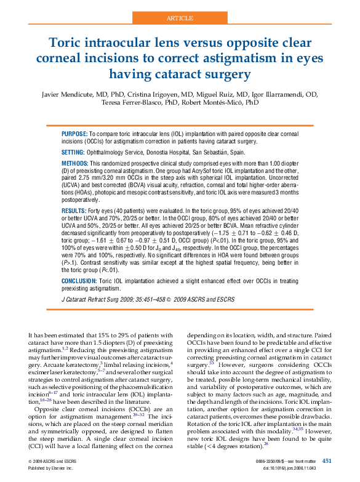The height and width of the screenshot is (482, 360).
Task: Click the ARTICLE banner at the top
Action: coord(180,18)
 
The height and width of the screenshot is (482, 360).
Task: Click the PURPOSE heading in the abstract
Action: coord(74,134)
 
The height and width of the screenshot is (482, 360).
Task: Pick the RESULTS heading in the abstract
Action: coord(74,211)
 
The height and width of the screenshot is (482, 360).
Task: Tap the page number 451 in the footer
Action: coord(327,461)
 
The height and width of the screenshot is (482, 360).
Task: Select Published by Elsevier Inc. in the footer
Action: coord(50,468)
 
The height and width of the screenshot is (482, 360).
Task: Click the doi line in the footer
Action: coord(298,468)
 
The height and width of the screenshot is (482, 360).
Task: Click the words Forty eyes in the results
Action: coord(102,211)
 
